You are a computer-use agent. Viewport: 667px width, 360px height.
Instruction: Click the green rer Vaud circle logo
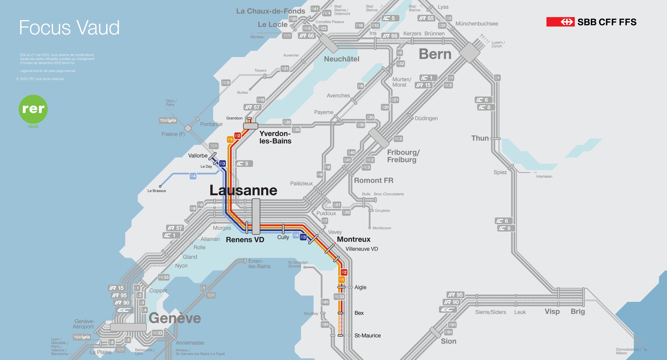(x=33, y=109)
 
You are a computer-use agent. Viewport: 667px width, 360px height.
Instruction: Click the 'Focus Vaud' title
(x=69, y=28)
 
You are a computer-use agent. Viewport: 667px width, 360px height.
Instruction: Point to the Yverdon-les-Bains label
(x=275, y=137)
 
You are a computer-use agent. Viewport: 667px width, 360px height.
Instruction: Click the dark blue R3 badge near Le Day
(x=222, y=164)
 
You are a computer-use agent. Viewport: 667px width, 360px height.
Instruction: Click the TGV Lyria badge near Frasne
(x=168, y=120)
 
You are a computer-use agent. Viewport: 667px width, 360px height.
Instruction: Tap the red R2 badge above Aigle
(x=344, y=272)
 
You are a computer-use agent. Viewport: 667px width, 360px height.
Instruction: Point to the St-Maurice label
(x=367, y=336)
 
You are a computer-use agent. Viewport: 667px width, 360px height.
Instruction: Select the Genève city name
(x=175, y=318)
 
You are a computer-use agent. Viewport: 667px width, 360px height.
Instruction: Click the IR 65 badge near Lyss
(x=426, y=18)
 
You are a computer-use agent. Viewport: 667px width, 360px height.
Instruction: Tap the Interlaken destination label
(x=544, y=177)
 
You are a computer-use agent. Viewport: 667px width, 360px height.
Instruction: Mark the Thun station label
(x=480, y=138)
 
